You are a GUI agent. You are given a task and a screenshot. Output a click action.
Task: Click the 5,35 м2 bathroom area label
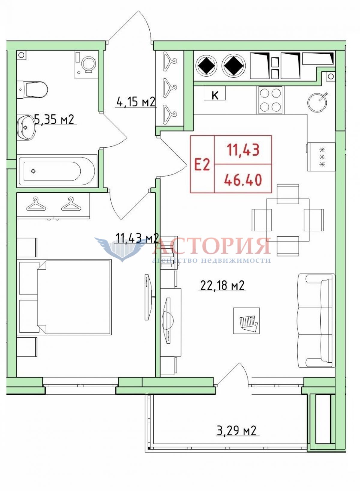click(54, 120)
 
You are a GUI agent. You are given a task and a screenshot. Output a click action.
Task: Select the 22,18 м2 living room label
click(222, 286)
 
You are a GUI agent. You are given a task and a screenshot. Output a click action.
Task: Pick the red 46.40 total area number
click(243, 180)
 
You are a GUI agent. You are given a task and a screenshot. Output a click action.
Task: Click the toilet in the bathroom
click(32, 90)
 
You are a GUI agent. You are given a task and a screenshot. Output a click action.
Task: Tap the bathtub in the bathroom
click(57, 171)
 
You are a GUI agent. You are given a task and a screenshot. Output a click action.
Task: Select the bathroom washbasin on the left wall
click(26, 127)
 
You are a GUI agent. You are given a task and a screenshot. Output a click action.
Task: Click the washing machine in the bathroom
click(86, 65)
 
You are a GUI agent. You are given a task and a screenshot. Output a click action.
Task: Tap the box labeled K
click(214, 93)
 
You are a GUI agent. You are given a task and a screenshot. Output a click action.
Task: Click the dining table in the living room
click(288, 220)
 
